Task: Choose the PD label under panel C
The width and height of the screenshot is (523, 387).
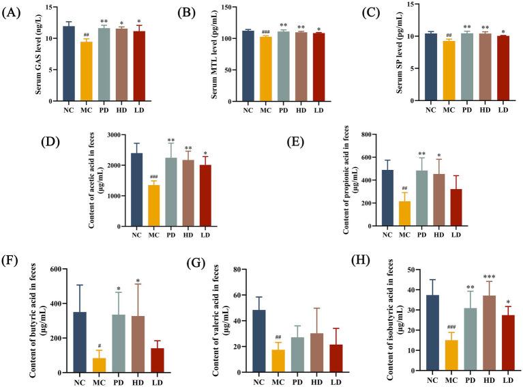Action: click(465, 108)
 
